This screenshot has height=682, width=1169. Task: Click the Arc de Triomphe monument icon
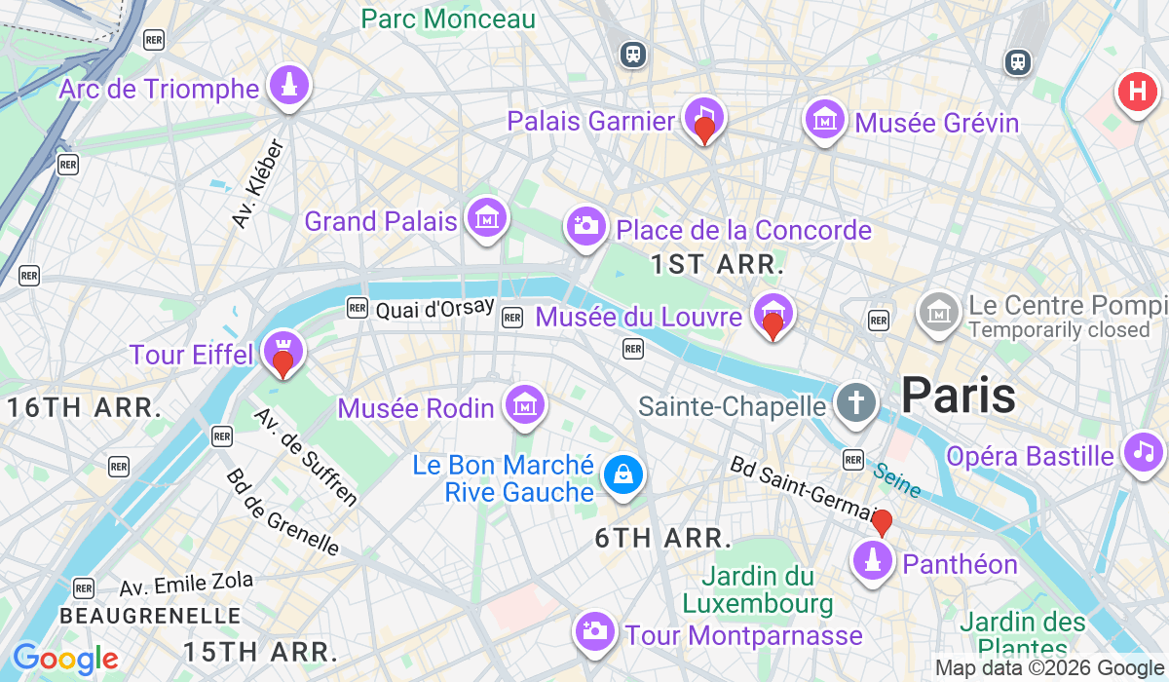pyautogui.click(x=288, y=85)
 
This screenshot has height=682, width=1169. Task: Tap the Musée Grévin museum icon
pyautogui.click(x=824, y=118)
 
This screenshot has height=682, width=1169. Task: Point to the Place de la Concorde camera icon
pyautogui.click(x=585, y=227)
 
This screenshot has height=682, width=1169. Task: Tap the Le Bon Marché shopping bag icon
pyautogui.click(x=621, y=475)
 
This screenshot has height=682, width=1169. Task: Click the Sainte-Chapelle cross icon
pyautogui.click(x=855, y=402)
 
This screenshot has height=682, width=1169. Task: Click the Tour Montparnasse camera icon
pyautogui.click(x=593, y=631)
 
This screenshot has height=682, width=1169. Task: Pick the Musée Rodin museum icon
pyautogui.click(x=524, y=404)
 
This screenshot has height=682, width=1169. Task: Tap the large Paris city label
pyautogui.click(x=958, y=396)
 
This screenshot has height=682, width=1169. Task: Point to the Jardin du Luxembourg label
pyautogui.click(x=758, y=589)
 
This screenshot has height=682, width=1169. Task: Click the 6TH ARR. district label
pyautogui.click(x=663, y=538)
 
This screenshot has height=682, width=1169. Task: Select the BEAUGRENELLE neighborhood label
pyautogui.click(x=149, y=616)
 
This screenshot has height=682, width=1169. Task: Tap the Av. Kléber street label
pyautogui.click(x=258, y=184)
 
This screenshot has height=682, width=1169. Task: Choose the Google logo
pyautogui.click(x=65, y=660)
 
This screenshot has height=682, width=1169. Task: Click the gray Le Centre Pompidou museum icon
pyautogui.click(x=939, y=312)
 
